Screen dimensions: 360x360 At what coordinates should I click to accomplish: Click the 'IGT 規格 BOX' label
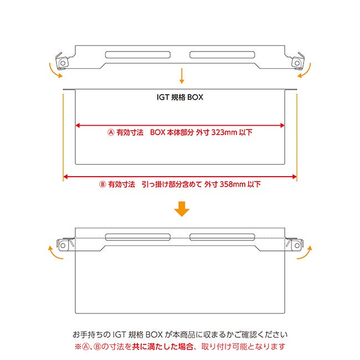tap(180, 97)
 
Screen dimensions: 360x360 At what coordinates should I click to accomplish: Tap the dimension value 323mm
tap(224, 132)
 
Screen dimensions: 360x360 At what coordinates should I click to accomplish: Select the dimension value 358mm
tap(233, 184)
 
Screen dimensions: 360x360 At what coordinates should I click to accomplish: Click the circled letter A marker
tap(111, 132)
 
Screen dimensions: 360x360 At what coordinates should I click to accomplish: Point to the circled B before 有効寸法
tap(102, 184)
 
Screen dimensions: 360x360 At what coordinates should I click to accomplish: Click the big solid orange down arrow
tap(182, 209)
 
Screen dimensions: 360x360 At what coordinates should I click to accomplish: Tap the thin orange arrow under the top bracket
tap(182, 76)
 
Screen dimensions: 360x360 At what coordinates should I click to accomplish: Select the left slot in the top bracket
tap(138, 55)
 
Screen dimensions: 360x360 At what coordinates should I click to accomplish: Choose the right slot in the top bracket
tap(222, 55)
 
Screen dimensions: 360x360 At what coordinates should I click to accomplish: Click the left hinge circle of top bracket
tap(63, 63)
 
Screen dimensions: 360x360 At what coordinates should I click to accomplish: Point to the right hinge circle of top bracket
tap(297, 63)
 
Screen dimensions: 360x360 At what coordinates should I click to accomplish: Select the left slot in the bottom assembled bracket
tap(138, 237)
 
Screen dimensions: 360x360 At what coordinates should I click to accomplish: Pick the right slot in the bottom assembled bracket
tap(222, 237)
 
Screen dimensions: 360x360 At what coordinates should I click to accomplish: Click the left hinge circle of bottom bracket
tap(63, 246)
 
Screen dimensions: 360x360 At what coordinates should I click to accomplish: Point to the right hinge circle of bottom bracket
tap(297, 246)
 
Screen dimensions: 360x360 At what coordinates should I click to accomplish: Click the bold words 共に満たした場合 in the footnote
tap(162, 347)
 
